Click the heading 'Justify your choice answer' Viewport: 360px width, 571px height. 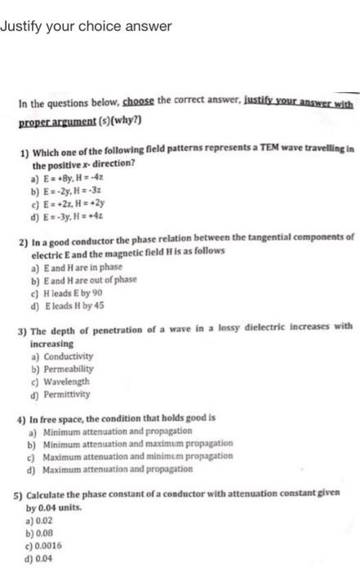pos(86,26)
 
